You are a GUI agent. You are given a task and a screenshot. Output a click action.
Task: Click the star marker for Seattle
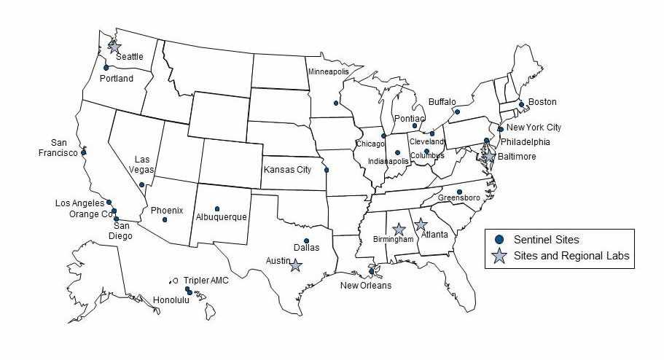tap(114, 47)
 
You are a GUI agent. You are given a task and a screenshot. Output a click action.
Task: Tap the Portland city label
tap(117, 79)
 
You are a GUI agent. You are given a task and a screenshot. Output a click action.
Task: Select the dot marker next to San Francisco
tap(84, 152)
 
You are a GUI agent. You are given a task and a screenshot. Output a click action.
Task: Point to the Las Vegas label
tap(142, 165)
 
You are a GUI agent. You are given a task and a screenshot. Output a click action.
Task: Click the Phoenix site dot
tap(165, 219)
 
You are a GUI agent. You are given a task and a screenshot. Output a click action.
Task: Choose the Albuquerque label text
tap(222, 217)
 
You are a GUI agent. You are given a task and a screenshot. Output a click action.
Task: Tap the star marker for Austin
tap(294, 265)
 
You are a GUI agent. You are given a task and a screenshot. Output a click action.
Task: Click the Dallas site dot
tap(307, 241)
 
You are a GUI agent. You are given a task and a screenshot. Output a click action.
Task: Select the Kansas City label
tap(288, 170)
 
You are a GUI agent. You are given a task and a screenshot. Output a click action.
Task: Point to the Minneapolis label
tap(328, 72)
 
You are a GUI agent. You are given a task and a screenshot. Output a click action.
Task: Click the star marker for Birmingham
tap(399, 230)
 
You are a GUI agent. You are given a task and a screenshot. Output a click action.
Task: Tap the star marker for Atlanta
tap(421, 224)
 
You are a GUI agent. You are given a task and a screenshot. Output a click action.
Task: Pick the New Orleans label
tap(366, 285)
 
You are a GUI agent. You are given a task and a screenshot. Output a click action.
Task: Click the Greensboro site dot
tap(459, 192)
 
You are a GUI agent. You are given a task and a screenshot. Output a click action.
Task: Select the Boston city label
tap(542, 102)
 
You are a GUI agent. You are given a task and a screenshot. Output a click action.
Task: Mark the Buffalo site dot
tap(457, 112)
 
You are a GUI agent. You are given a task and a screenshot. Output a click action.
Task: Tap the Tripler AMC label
tap(206, 281)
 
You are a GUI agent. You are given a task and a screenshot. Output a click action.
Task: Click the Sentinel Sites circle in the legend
tap(499, 239)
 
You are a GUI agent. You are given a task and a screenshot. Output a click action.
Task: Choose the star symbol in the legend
tap(499, 256)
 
